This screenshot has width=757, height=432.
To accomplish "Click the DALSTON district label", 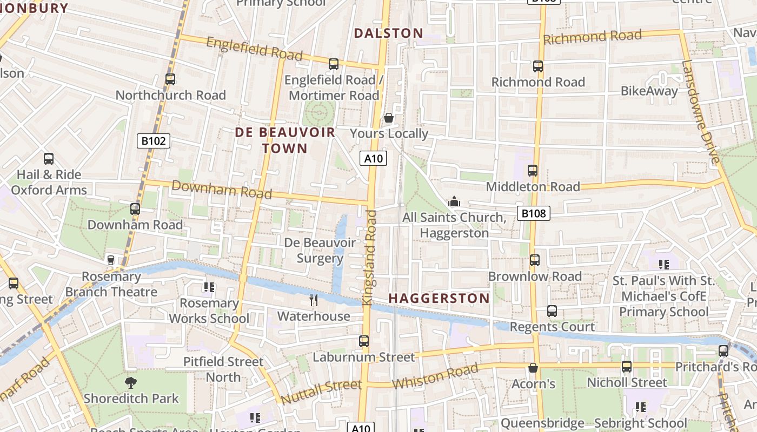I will (x=388, y=33).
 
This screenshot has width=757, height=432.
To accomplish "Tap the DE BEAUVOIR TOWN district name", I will (x=285, y=140).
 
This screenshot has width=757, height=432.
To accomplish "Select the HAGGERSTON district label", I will (x=439, y=298).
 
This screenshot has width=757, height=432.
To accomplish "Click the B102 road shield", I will (x=154, y=141).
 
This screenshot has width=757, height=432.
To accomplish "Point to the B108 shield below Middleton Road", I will (x=533, y=213).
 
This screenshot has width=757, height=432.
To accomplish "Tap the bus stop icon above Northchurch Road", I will (x=170, y=79).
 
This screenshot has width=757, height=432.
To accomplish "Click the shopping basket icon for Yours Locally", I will (x=388, y=118).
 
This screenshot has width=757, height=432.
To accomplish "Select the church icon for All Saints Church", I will (x=454, y=202).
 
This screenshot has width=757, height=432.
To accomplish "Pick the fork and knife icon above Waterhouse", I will (x=313, y=300).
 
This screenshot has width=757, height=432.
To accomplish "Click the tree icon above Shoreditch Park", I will (x=130, y=383).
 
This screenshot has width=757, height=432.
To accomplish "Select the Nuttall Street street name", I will (x=321, y=392).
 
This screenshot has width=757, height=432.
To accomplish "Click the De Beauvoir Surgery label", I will (x=320, y=251).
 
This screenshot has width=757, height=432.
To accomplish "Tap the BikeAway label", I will (x=649, y=91).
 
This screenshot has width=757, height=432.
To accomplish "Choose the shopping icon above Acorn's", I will (x=533, y=368).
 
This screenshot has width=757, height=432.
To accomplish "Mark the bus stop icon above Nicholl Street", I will (x=627, y=367).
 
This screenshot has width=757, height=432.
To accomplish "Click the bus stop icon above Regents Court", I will (x=552, y=311).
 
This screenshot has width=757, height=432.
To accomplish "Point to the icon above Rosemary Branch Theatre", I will (x=111, y=260).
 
